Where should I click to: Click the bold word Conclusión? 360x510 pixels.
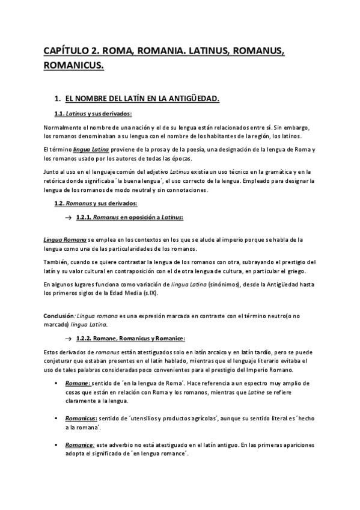click(58, 315)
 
